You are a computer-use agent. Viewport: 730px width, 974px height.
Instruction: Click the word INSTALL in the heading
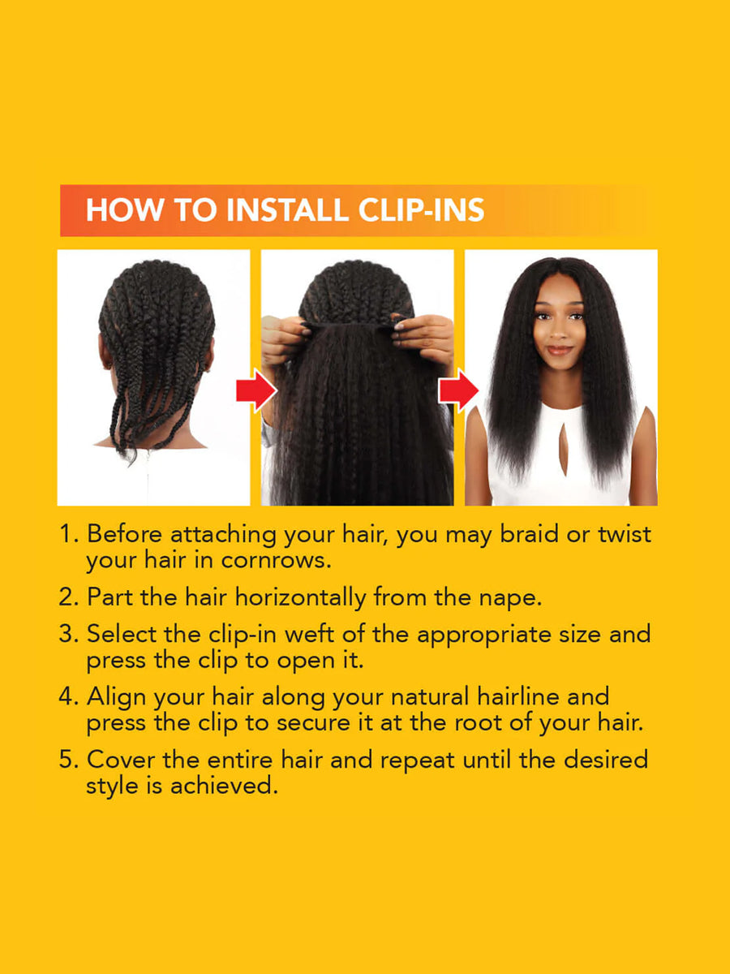click(288, 210)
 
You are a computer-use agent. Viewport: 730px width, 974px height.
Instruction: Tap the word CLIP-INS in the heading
click(421, 210)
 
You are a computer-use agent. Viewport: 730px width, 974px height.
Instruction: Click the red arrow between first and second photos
click(256, 391)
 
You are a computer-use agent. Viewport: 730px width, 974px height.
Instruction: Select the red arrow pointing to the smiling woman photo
click(458, 391)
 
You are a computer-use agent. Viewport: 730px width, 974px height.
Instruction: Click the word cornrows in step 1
click(276, 560)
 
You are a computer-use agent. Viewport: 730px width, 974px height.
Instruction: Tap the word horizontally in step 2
click(300, 598)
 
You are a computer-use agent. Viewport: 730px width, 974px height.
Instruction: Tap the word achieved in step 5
click(224, 786)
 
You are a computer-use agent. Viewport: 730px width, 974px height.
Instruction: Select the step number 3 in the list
click(67, 634)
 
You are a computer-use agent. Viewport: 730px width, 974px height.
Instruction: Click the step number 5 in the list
click(67, 760)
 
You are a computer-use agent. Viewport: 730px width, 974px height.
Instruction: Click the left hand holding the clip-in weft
click(283, 337)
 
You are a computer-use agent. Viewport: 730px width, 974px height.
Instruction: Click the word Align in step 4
click(116, 697)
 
